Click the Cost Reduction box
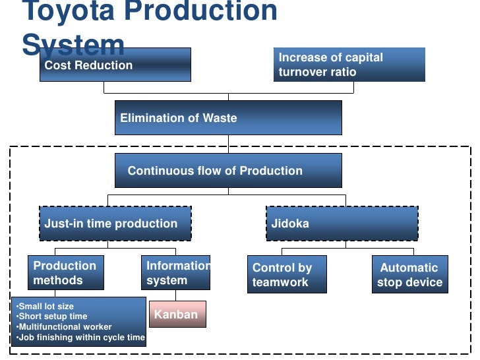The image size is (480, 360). pos(115,65)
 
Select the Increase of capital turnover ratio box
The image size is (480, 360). pos(349,65)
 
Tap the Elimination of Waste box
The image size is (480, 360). pos(228,118)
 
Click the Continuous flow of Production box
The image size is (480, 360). pos(228,171)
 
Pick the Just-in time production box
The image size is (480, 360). pos(115,224)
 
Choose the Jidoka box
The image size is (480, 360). pos(342,224)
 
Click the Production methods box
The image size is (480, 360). pos(65,273)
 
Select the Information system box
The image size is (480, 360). pos(175,273)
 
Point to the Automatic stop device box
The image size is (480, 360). pos(409,275)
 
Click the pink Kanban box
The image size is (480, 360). pos(177,314)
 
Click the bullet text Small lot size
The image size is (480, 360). pos(46,307)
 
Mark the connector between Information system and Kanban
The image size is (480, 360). pos(175,295)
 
